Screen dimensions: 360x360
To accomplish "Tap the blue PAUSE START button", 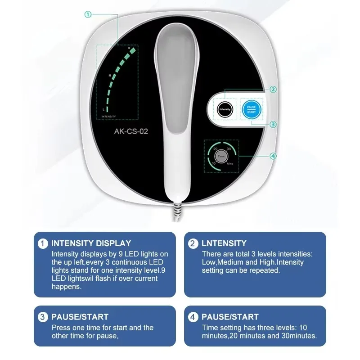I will point(251,109).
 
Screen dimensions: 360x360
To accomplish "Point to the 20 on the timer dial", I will point(216,148).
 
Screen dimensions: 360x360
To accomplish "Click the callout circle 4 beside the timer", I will point(272,156).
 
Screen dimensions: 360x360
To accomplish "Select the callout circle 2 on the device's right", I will point(273,89).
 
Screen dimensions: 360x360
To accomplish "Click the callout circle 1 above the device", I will point(88,14).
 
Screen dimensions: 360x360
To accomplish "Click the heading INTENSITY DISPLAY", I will point(91,243).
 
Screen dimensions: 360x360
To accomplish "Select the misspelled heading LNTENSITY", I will point(224,243).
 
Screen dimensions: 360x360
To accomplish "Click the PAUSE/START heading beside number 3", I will point(80,317).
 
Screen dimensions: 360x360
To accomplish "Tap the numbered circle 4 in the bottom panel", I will point(193,317).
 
